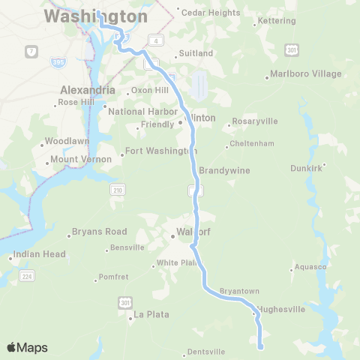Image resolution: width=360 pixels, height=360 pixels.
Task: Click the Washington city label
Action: [x=95, y=16]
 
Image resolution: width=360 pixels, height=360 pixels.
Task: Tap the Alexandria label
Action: [x=88, y=90]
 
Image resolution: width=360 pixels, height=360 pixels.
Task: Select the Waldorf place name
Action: [x=193, y=232]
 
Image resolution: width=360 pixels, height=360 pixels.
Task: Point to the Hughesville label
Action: [x=281, y=308]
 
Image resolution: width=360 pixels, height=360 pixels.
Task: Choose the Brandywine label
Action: [x=224, y=170]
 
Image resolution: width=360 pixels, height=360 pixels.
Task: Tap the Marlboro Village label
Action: [x=307, y=73]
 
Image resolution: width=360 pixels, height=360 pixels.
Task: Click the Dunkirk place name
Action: [x=308, y=167]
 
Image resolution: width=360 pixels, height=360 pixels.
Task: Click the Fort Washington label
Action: [x=160, y=151]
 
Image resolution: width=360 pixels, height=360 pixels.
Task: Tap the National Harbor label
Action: [x=139, y=112]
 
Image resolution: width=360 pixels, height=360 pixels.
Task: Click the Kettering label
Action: [x=276, y=20]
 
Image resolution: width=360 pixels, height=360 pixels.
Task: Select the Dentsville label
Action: [x=205, y=351]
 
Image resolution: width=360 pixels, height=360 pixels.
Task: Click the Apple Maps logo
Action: [x=27, y=347]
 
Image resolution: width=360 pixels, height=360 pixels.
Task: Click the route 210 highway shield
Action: [x=118, y=190]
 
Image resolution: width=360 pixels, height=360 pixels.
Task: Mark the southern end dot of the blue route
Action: [x=261, y=347]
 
